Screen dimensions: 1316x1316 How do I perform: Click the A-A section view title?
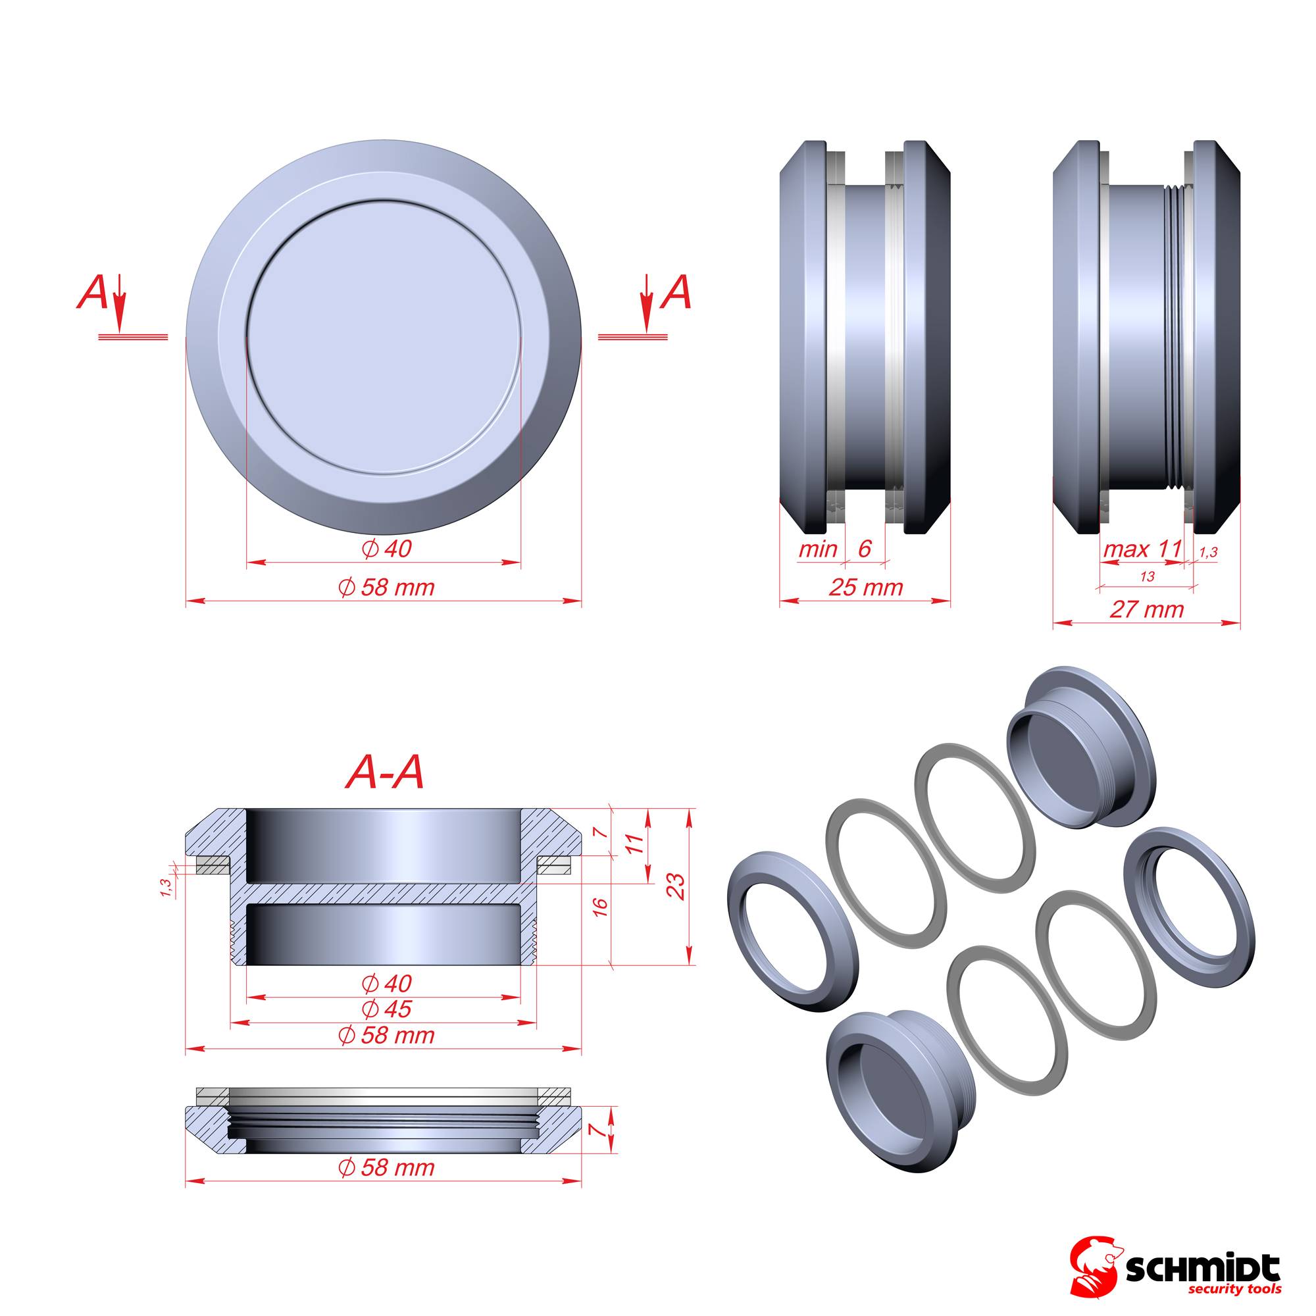(x=386, y=773)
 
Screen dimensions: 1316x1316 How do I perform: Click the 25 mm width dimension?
(x=866, y=587)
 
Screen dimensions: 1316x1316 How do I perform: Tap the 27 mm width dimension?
(x=1146, y=609)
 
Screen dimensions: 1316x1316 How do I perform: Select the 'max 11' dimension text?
(x=1141, y=549)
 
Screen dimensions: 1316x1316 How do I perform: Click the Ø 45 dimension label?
(x=386, y=1009)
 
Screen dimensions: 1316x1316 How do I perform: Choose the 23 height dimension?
(x=679, y=887)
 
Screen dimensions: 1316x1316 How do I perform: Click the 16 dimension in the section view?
(x=600, y=907)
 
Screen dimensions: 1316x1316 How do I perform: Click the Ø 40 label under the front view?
(x=386, y=549)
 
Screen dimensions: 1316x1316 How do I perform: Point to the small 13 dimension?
(x=1146, y=576)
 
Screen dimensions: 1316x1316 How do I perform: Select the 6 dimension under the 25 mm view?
(x=865, y=549)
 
